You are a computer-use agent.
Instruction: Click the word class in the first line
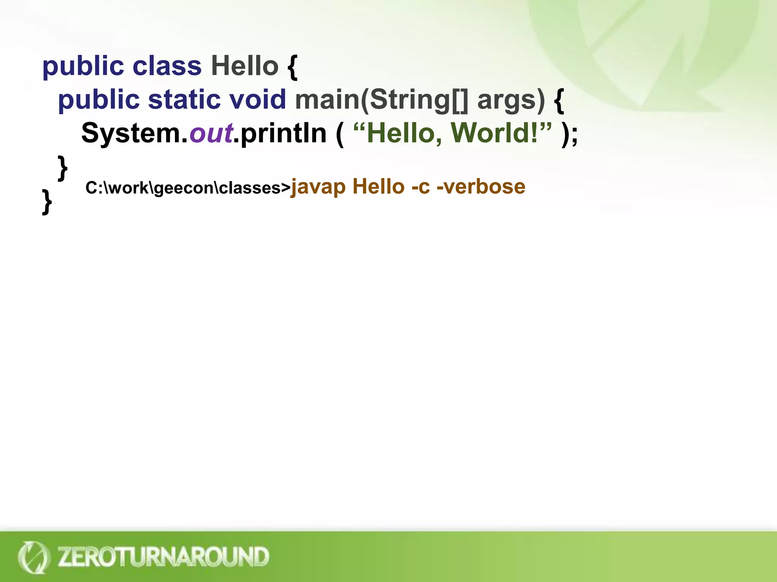(x=167, y=66)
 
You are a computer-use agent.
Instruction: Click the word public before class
(x=83, y=67)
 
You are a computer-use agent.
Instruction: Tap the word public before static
(x=99, y=100)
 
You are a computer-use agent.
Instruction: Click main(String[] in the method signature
(x=382, y=100)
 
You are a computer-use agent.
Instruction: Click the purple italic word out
(x=211, y=133)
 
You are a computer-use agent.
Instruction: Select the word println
(x=283, y=133)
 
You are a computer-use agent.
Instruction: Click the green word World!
(x=495, y=133)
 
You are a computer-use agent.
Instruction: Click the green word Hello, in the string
(x=404, y=133)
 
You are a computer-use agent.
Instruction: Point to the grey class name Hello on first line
(x=245, y=66)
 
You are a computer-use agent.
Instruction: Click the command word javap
(x=318, y=187)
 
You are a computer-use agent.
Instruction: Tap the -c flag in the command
(x=421, y=186)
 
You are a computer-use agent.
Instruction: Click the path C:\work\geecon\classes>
(x=188, y=188)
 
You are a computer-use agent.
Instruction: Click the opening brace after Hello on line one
(x=293, y=67)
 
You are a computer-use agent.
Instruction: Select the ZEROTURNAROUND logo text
(x=163, y=557)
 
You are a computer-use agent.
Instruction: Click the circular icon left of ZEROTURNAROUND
(x=33, y=557)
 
